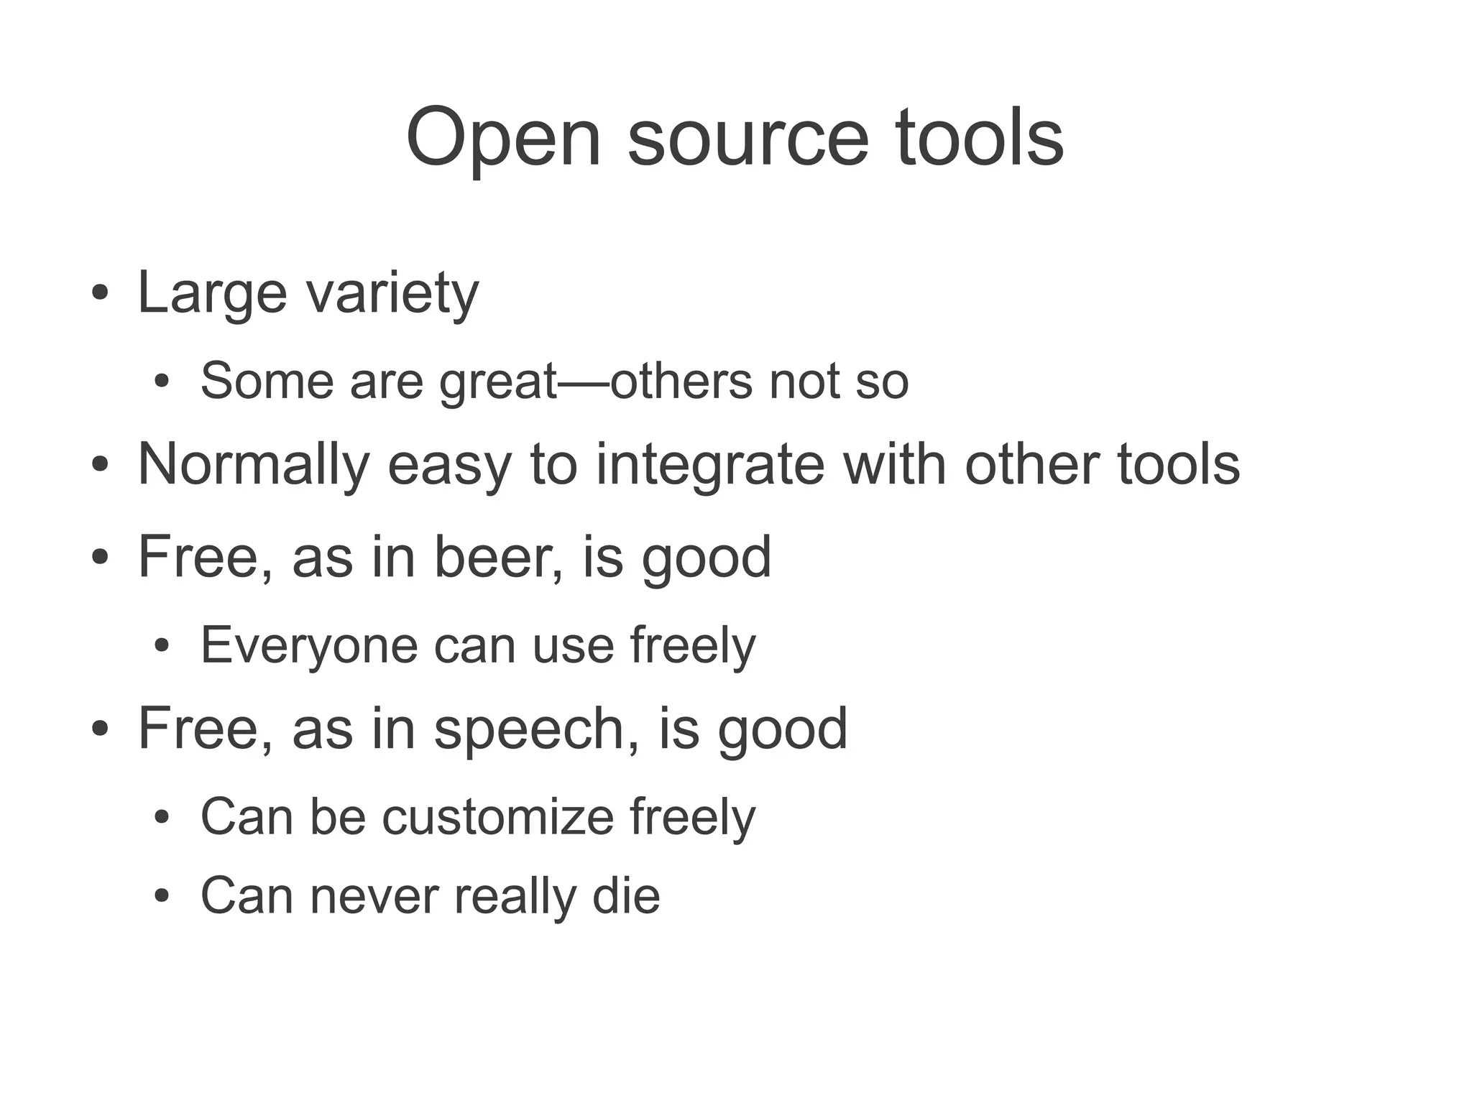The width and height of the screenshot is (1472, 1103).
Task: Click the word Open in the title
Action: (503, 138)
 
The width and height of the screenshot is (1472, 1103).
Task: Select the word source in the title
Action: (748, 138)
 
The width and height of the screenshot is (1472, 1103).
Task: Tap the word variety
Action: (392, 293)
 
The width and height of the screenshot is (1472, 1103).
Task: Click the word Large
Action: (212, 293)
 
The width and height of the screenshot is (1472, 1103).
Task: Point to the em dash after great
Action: (584, 381)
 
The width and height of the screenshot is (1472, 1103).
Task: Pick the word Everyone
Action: (309, 646)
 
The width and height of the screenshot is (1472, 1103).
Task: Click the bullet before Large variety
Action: (100, 295)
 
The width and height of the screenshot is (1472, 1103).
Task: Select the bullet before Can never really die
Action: (162, 897)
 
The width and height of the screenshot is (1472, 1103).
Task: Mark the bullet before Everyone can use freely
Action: (162, 647)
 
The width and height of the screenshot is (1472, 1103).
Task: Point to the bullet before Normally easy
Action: (100, 466)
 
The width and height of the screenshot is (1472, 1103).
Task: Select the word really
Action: (515, 896)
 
